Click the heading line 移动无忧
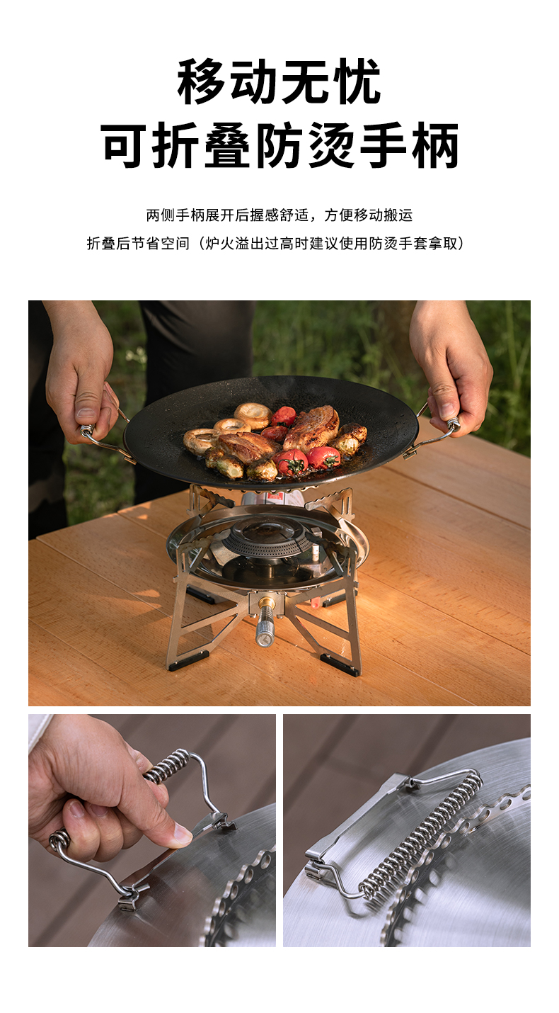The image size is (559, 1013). click(x=279, y=82)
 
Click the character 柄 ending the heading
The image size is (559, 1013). click(x=435, y=146)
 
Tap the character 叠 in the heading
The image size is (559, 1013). click(x=227, y=146)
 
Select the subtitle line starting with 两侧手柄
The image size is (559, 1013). click(x=279, y=215)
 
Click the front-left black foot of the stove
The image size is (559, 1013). click(x=187, y=660)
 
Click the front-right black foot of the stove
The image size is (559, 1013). click(x=340, y=664)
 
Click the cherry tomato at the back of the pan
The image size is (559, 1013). click(x=283, y=416)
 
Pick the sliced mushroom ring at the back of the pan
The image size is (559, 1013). click(x=253, y=414)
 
